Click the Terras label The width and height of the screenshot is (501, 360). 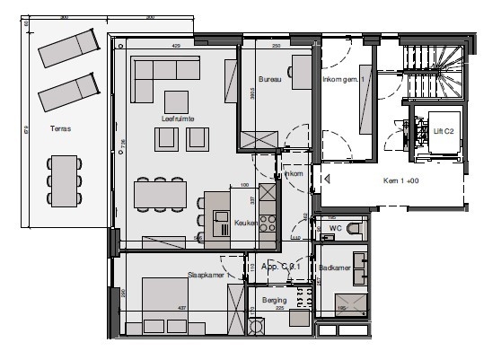click(x=62, y=128)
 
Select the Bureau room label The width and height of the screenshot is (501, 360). click(x=270, y=80)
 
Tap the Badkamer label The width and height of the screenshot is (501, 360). click(x=333, y=268)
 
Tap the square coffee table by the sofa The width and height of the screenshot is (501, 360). click(x=176, y=101)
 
